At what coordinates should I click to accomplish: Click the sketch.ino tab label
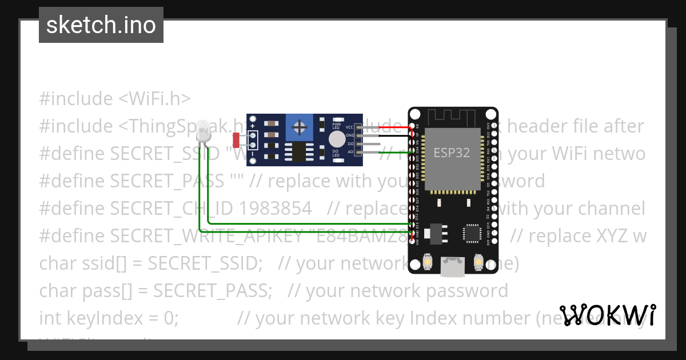tap(101, 25)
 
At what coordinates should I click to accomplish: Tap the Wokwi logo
tap(608, 315)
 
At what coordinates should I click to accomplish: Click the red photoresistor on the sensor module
tap(236, 139)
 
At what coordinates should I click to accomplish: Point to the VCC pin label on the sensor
tap(349, 126)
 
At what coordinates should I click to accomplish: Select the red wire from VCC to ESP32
tap(389, 127)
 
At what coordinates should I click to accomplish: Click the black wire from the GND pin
tap(389, 136)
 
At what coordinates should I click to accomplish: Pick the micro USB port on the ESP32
tap(452, 264)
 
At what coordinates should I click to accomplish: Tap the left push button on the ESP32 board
tap(427, 262)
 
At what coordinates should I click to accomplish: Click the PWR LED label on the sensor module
tap(336, 126)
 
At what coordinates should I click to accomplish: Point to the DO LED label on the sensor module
tap(336, 153)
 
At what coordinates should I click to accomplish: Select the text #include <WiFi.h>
tap(115, 99)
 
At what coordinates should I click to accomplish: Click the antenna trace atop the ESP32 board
tap(452, 117)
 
